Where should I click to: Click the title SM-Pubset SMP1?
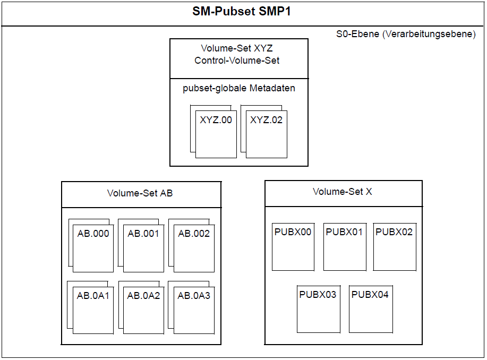(x=241, y=12)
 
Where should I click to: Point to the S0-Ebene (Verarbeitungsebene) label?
(x=406, y=34)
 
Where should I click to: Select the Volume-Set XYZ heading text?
(x=237, y=48)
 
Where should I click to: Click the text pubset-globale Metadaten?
(x=239, y=88)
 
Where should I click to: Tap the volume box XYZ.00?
(x=216, y=134)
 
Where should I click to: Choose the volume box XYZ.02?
(x=267, y=134)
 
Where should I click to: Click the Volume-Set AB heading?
(x=140, y=193)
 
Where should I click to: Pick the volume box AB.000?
(x=93, y=248)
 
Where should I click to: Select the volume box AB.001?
(x=143, y=248)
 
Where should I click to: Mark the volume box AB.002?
(x=194, y=248)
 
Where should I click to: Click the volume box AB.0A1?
(x=93, y=310)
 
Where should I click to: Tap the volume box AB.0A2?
(x=143, y=310)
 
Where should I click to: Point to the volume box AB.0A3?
(x=194, y=310)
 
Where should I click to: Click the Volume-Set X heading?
(x=342, y=192)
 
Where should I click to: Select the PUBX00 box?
(x=293, y=247)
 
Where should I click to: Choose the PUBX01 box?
(x=345, y=247)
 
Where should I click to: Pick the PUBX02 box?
(x=395, y=247)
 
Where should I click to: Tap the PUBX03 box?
(x=319, y=310)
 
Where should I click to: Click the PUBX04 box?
(x=371, y=310)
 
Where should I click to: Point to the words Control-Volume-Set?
(x=237, y=61)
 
